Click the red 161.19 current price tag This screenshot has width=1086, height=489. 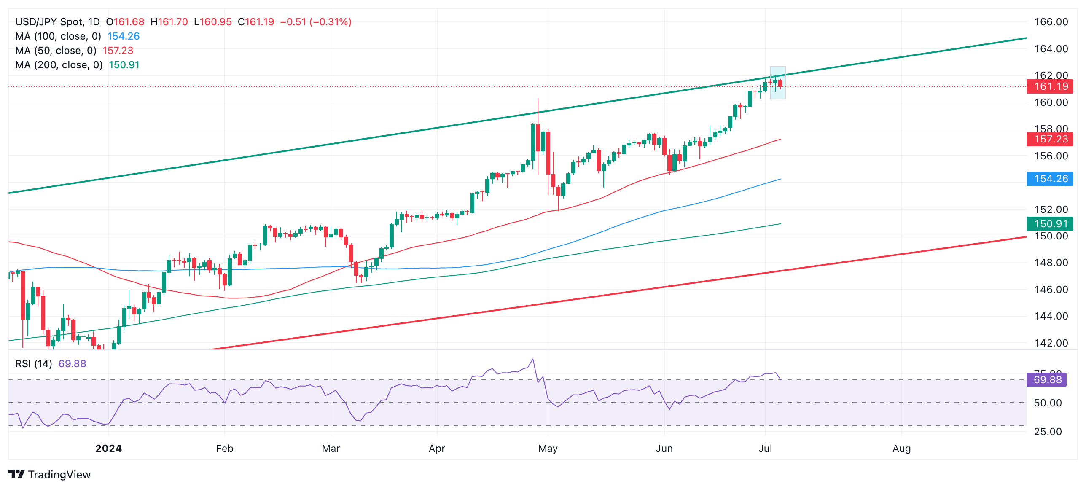pos(1050,86)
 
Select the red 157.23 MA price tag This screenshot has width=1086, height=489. pos(1050,139)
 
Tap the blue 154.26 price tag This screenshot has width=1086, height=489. pos(1050,179)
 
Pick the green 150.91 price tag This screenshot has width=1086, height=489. pos(1050,224)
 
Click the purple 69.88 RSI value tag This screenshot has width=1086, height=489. pos(1047,380)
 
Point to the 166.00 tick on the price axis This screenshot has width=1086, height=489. pos(1051,22)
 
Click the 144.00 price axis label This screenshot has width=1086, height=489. pos(1051,316)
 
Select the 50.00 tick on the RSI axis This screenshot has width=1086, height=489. pos(1048,403)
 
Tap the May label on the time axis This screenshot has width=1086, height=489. pos(548,449)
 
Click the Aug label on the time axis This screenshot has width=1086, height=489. pos(901,449)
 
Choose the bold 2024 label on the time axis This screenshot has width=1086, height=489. pos(108,449)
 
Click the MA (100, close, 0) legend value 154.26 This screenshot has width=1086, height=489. pos(123,36)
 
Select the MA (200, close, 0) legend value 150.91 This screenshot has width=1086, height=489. pos(124,65)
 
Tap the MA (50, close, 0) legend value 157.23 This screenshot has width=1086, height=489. pos(118,51)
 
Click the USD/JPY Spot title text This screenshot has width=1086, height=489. pos(57,22)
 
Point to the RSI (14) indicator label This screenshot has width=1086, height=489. pos(34,364)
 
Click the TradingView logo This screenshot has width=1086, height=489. pos(49,475)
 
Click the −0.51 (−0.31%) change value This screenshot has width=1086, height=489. pos(315,22)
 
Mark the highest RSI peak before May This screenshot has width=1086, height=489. pos(533,359)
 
